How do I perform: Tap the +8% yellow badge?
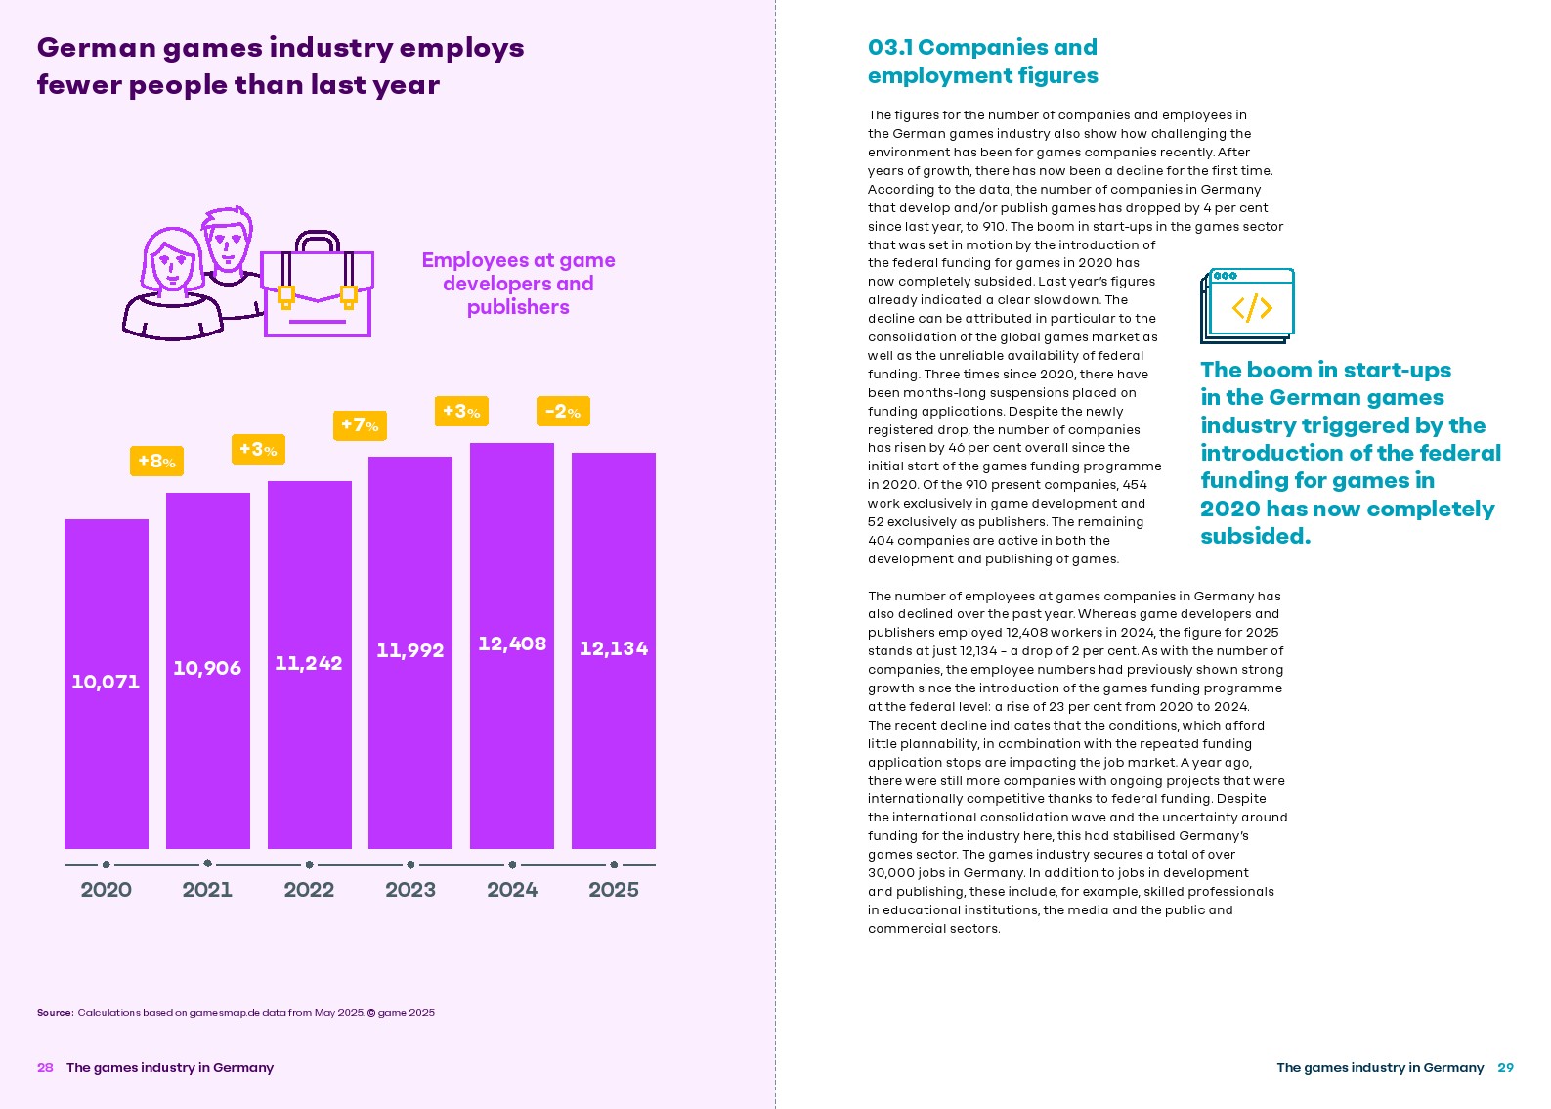156,461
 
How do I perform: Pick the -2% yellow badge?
563,411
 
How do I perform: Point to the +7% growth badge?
360,425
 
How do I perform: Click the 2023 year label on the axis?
410,890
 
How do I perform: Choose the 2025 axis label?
614,890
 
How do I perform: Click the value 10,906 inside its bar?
207,668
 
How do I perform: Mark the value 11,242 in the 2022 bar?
309,663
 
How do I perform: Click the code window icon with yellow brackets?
1249,306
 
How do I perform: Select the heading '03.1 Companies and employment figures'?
982,62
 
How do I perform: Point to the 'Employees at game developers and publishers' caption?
518,284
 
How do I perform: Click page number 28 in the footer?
45,1067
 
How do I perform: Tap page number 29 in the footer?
1505,1067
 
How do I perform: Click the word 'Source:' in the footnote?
56,1013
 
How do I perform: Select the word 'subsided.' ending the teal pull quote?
1255,536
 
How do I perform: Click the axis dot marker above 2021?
207,864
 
